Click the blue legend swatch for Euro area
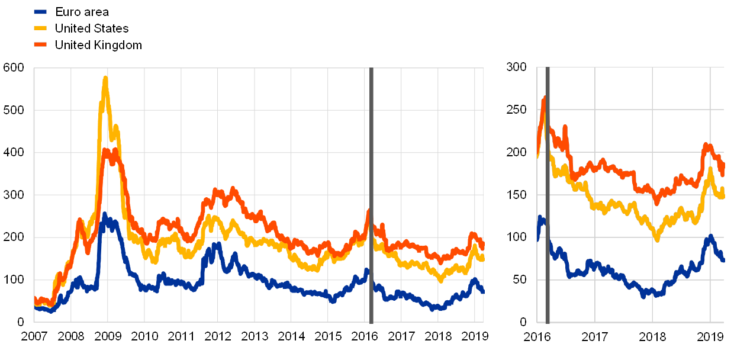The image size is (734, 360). pos(41,11)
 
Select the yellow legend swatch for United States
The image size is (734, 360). pos(41,28)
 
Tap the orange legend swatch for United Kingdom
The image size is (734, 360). pos(41,44)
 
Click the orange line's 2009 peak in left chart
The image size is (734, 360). pos(105,150)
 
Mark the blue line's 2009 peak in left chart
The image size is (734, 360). pos(105,214)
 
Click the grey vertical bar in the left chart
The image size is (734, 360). pos(371,195)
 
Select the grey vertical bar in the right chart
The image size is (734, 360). pos(548,195)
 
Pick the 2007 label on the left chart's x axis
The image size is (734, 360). pos(34,337)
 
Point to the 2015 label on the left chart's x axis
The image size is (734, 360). pos(328,337)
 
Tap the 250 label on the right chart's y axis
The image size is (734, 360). pos(517,110)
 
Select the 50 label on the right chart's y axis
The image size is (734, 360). pos(519,279)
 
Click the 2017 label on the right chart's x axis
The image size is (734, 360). pos(595,337)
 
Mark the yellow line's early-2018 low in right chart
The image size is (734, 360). pos(656,239)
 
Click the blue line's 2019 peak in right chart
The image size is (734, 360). pos(710,236)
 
